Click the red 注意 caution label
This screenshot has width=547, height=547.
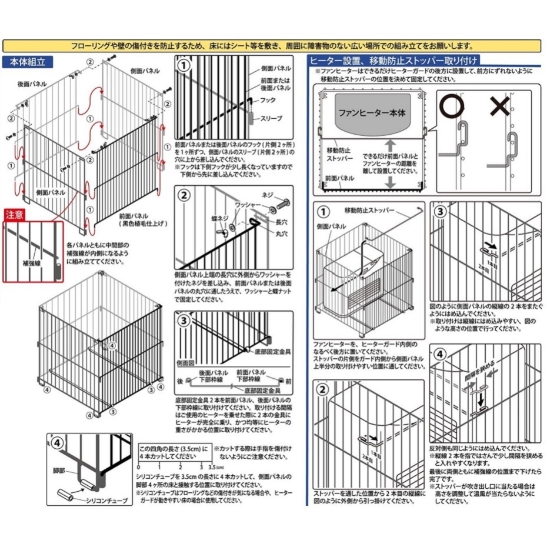pyautogui.click(x=16, y=215)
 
